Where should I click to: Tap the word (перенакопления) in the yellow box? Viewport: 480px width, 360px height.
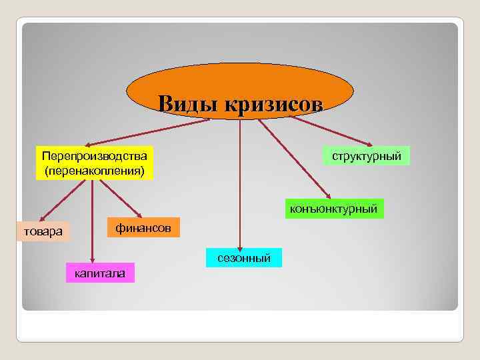point(95,171)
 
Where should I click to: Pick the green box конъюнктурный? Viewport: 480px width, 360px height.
point(334,209)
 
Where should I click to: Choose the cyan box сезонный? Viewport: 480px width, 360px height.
point(243,257)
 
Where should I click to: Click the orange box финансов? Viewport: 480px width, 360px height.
point(143,228)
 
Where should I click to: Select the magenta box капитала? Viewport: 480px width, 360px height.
point(100,273)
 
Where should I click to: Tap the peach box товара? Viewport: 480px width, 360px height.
point(43,232)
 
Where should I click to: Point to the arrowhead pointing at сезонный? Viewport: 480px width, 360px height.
point(241,245)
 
